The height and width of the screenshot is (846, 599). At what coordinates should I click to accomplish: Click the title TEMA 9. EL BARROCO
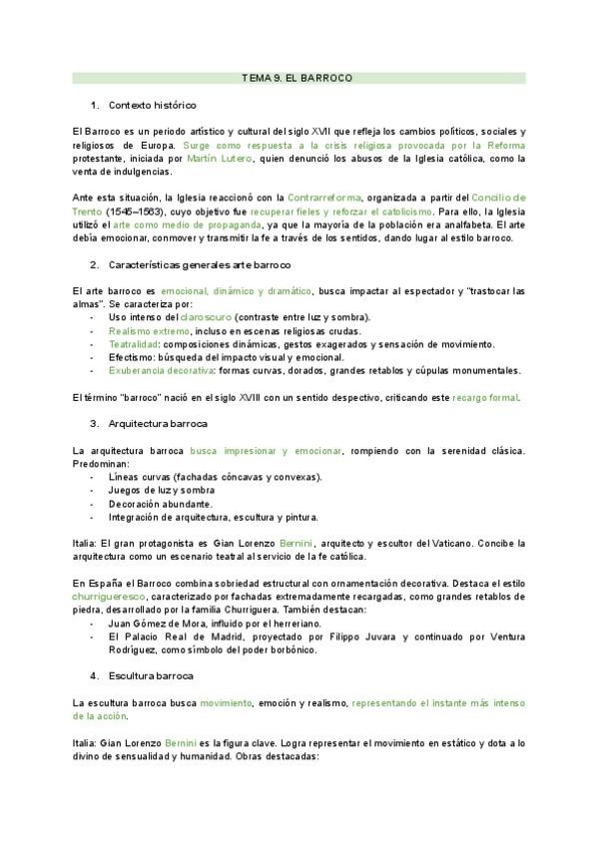point(298,77)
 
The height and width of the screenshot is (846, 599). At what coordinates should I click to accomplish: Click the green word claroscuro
point(194,317)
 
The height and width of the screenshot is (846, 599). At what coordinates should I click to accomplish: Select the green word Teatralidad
point(136,343)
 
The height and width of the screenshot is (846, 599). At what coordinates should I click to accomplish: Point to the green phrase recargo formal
point(484,397)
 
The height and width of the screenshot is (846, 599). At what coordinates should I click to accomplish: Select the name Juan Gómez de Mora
point(152,622)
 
